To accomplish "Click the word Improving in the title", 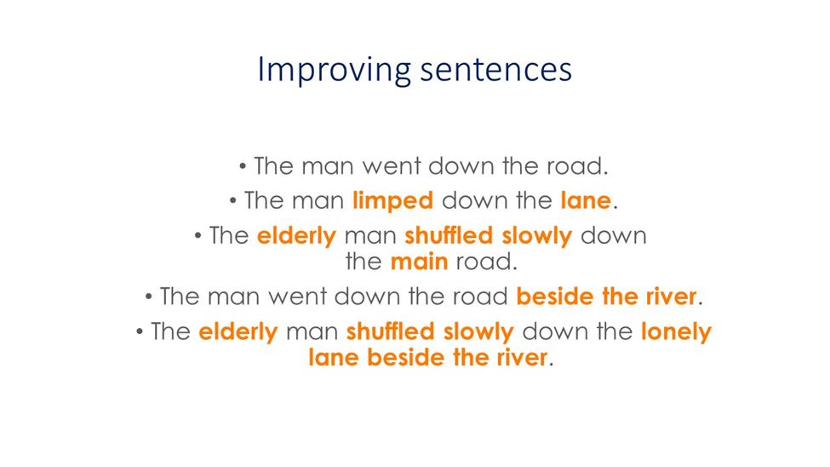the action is pos(334,70).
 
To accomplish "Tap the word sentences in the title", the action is pos(496,70).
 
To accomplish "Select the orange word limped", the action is pos(392,201).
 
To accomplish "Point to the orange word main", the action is pos(419,262).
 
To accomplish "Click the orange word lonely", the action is pos(676,332).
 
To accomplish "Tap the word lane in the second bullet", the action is pos(586,200).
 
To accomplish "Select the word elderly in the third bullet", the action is pos(296,236).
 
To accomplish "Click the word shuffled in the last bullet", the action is pos(391,332).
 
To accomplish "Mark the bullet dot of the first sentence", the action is pos(243,167).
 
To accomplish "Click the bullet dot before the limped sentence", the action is pos(233,201).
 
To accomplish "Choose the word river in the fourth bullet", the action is pos(671,297).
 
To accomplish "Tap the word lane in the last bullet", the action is pos(334,357).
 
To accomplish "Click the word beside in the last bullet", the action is pos(406,357).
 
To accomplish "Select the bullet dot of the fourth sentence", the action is pos(149,297).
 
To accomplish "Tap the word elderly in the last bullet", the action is pos(238,332).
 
